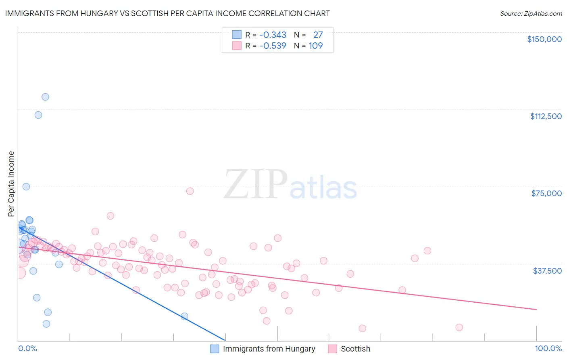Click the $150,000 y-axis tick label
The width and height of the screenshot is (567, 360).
tap(544, 39)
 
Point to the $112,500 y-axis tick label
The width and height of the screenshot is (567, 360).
tap(546, 116)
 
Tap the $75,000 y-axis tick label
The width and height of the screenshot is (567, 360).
tap(546, 193)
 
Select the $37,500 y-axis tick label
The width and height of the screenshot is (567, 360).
tap(547, 271)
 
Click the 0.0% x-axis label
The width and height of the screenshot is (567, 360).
tap(27, 348)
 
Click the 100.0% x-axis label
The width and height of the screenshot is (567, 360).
tap(548, 348)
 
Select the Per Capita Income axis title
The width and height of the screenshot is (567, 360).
tap(11, 184)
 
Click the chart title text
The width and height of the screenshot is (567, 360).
tap(167, 14)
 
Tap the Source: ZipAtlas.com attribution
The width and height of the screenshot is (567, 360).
tap(531, 14)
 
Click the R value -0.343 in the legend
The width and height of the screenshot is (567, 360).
tap(273, 35)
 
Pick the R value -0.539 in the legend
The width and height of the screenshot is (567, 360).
tap(273, 46)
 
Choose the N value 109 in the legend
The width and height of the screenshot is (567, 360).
tap(316, 46)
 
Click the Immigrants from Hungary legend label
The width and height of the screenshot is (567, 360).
tap(269, 349)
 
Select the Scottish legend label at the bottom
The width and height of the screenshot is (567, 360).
tap(355, 349)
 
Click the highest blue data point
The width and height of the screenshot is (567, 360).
tap(45, 97)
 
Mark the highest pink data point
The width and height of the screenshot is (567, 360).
tap(190, 191)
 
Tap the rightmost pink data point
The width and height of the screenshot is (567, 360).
tap(459, 327)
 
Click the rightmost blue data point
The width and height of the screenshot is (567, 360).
tap(184, 316)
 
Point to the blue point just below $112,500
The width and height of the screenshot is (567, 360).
tap(38, 115)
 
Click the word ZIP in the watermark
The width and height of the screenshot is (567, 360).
tap(256, 185)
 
